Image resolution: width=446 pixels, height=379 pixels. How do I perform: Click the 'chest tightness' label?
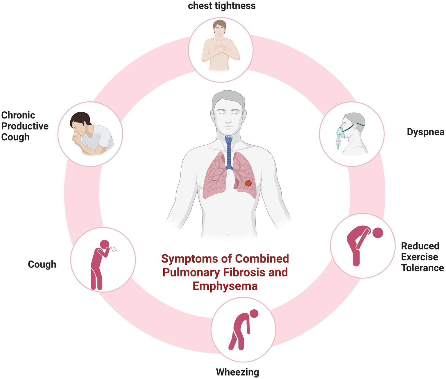tap(222, 6)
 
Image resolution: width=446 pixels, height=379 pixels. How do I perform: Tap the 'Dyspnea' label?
tap(425, 132)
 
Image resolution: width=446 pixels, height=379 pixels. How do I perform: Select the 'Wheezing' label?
tap(237, 372)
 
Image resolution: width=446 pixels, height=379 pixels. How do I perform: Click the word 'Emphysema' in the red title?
tap(225, 286)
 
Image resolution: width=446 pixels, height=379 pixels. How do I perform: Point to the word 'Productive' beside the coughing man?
tap(25, 126)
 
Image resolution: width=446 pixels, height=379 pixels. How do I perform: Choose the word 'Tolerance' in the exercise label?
tap(422, 268)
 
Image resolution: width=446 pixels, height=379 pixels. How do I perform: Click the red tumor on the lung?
tap(248, 183)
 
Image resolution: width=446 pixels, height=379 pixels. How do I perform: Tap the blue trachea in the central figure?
tap(229, 151)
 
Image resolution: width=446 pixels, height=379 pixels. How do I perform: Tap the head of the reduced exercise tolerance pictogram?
tap(378, 233)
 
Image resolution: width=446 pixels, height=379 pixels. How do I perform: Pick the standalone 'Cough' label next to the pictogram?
tap(42, 264)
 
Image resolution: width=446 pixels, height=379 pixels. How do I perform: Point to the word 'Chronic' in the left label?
tap(18, 115)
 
